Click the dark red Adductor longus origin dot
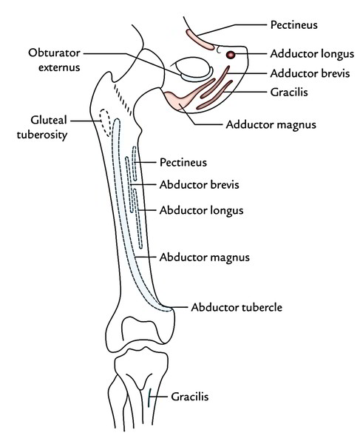click(231, 55)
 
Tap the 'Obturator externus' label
click(54, 60)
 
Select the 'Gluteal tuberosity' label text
click(42, 127)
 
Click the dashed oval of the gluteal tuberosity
click(105, 123)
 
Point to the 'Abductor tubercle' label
click(237, 307)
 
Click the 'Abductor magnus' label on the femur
click(205, 258)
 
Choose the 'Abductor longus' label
click(201, 210)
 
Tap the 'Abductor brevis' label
click(199, 184)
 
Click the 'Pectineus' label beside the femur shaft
click(183, 162)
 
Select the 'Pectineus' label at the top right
click(293, 24)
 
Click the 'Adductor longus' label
click(312, 54)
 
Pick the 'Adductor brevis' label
click(310, 73)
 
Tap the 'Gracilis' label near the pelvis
click(289, 92)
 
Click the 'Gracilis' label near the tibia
click(190, 397)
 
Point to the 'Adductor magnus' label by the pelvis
click(271, 125)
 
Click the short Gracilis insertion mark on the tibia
click(149, 397)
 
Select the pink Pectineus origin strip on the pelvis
click(200, 40)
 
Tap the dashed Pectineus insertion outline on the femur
click(135, 164)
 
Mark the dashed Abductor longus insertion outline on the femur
click(137, 218)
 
